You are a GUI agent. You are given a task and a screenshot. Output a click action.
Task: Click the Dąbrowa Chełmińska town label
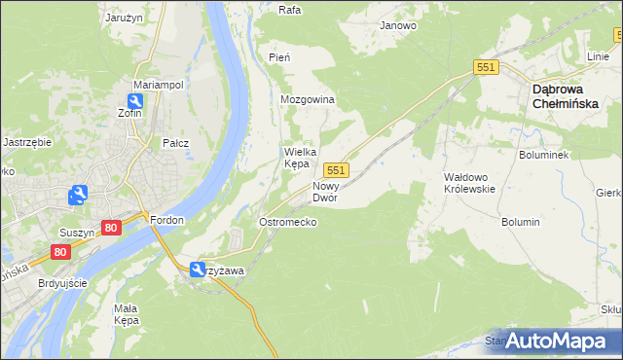click(570, 99)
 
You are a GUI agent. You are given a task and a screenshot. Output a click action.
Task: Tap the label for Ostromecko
click(287, 222)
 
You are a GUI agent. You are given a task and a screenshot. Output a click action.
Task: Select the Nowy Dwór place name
click(324, 192)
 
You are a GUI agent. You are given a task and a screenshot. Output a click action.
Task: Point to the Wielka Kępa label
click(297, 158)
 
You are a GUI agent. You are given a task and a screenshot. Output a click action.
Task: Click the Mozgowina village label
click(308, 100)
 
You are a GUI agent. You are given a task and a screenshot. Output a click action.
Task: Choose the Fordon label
click(167, 220)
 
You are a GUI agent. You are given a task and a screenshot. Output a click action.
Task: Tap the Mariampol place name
click(159, 85)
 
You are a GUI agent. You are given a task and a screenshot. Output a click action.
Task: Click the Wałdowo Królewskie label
click(470, 183)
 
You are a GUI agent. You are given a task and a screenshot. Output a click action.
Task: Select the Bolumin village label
click(521, 222)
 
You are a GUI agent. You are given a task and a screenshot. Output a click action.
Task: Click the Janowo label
click(398, 25)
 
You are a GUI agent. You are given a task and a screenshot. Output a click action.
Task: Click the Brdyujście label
click(60, 283)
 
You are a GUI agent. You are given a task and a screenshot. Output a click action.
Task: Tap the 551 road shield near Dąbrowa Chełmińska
click(488, 67)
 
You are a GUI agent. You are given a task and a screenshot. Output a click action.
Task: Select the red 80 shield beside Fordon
click(111, 228)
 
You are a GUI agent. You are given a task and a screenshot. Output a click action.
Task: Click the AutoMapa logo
click(555, 341)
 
